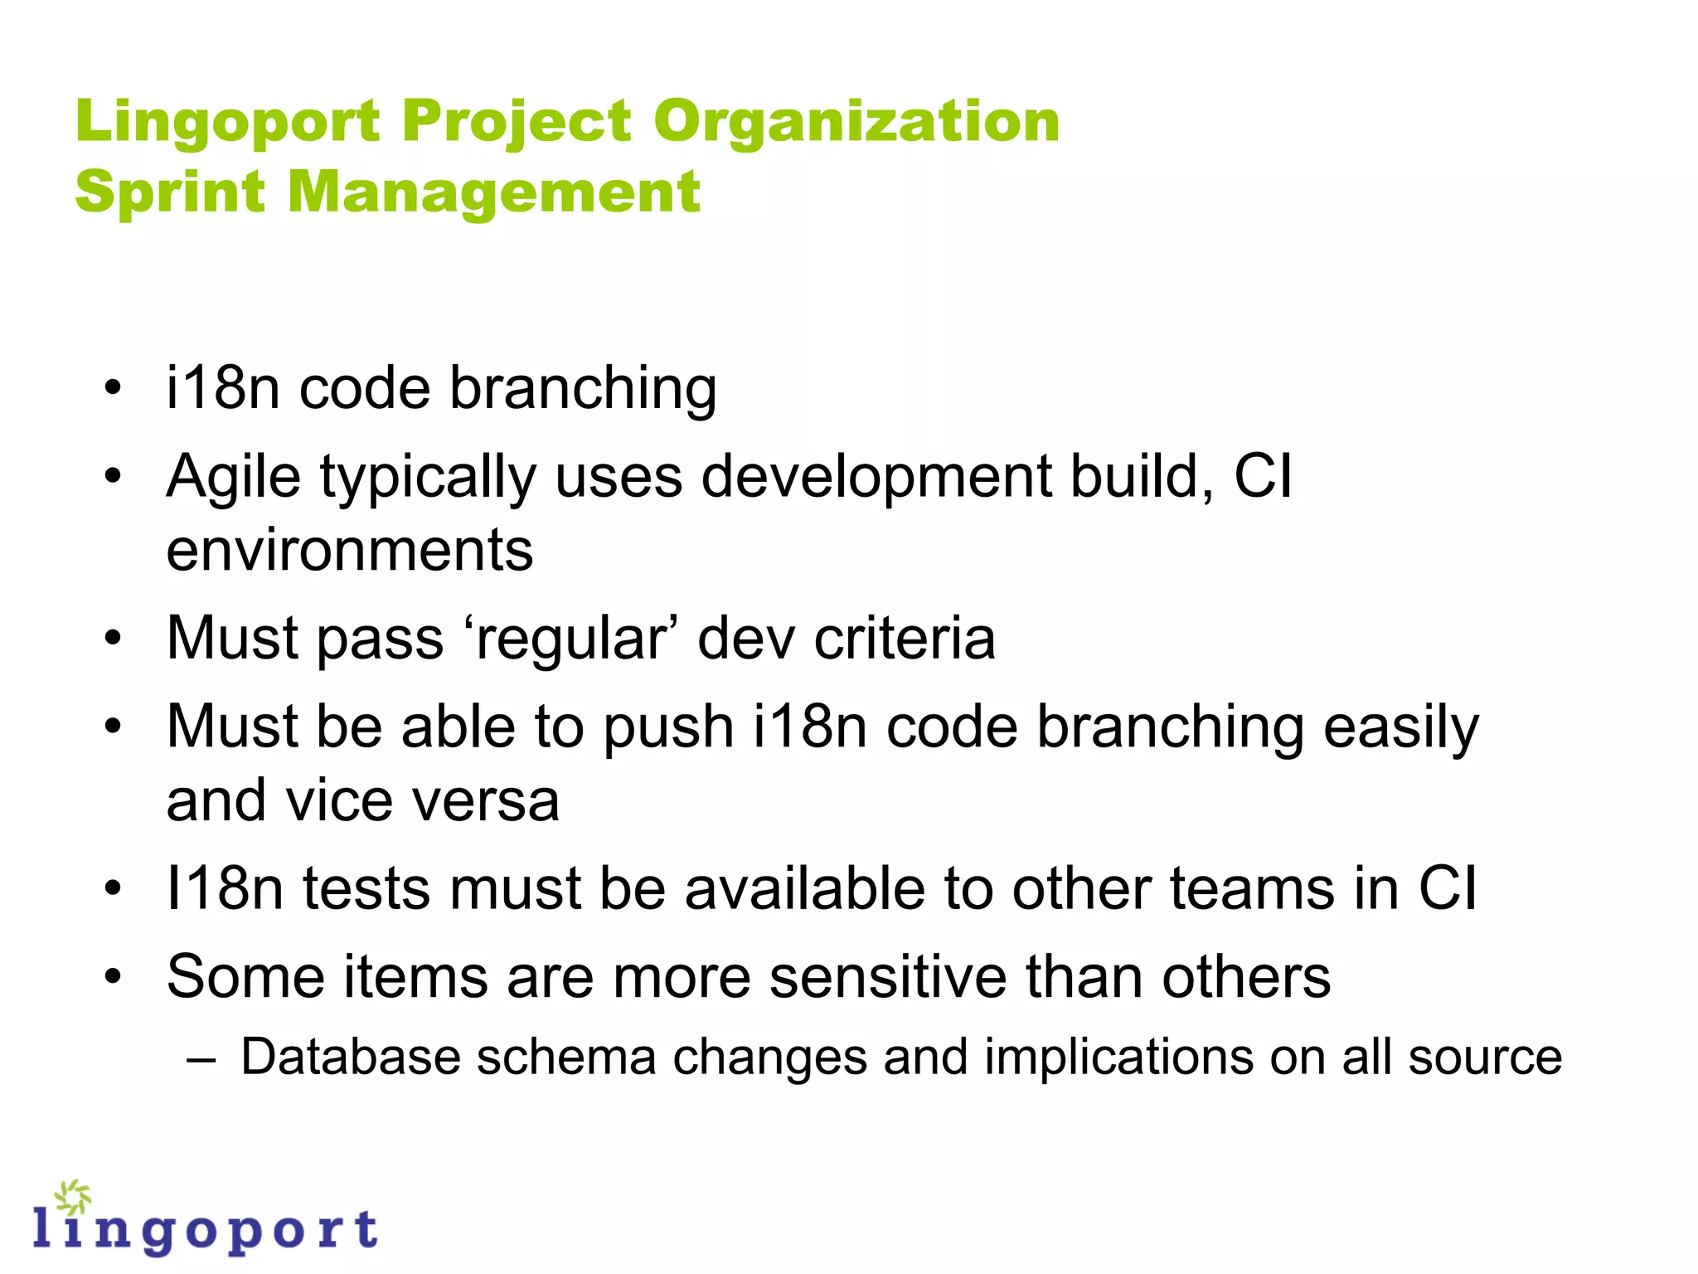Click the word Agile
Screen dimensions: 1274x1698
pyautogui.click(x=233, y=477)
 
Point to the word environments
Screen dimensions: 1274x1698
pyautogui.click(x=349, y=550)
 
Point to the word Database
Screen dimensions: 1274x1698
pyautogui.click(x=349, y=1058)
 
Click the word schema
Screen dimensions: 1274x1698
pyautogui.click(x=566, y=1058)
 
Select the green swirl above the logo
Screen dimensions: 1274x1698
pyautogui.click(x=73, y=1198)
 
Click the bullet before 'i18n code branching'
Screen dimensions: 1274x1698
pyautogui.click(x=114, y=387)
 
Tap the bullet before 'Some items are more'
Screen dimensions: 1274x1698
pyautogui.click(x=114, y=976)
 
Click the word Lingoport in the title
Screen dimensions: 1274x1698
pyautogui.click(x=227, y=122)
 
